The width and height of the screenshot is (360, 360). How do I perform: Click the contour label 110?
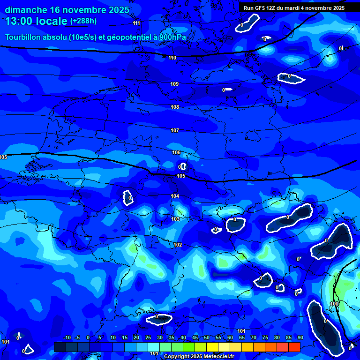coord(172,58)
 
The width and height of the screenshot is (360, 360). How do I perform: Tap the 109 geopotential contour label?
coord(174,84)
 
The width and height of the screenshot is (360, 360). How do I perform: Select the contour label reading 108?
coord(175,107)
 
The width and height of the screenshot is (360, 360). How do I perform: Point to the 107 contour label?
coord(175,130)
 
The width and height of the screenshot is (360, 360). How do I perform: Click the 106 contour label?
coord(176,152)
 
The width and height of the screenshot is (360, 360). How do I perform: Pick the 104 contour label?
coord(175,196)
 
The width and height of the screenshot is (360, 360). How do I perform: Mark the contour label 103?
coord(175,219)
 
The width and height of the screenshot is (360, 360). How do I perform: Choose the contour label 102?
coord(178,245)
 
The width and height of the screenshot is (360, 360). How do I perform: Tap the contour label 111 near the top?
coord(136,23)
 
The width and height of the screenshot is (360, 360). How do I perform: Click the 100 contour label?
coord(334,304)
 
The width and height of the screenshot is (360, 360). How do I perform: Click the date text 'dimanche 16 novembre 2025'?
coord(65,10)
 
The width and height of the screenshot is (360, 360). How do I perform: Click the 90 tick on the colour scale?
coord(300,338)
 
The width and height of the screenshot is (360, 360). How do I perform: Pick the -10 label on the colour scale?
coord(67,338)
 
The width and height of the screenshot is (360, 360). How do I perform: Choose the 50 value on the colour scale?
coord(207,338)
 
